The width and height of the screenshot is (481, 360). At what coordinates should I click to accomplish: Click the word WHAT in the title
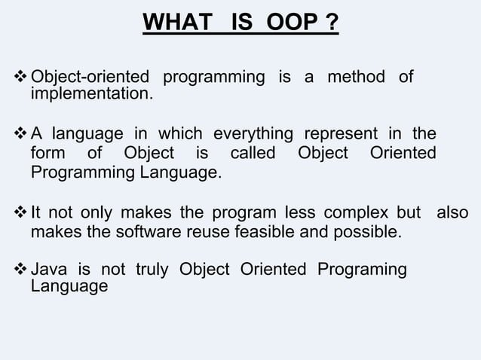coord(171,23)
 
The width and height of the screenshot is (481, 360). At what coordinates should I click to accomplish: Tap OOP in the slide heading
coord(286,23)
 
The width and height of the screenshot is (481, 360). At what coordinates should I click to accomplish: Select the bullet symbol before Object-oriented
coord(20,78)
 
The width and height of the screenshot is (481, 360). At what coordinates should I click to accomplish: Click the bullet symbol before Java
coord(20,270)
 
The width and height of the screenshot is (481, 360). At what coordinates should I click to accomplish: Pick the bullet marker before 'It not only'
coord(20,212)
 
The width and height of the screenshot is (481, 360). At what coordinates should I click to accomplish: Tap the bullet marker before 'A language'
coord(20,135)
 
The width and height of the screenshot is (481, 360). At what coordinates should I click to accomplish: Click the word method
coord(356,78)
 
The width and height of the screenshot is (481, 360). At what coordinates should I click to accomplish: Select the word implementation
coord(90,95)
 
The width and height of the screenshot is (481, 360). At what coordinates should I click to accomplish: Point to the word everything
coord(253,135)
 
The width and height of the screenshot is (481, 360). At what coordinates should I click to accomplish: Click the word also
coord(452,212)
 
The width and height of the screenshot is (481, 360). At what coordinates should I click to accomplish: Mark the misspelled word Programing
coord(362,270)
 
